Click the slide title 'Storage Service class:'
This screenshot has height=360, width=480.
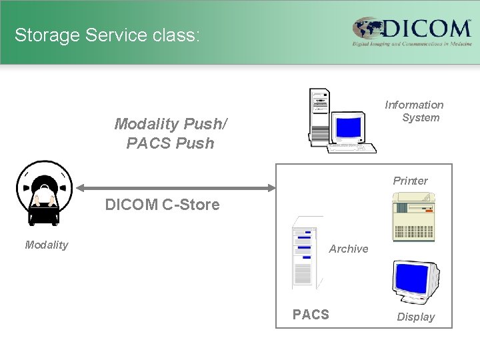107,35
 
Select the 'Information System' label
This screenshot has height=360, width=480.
414,111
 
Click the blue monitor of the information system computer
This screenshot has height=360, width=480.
349,125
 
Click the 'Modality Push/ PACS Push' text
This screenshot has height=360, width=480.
171,133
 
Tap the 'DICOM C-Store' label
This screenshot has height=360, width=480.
162,205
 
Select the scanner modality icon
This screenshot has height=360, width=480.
44,193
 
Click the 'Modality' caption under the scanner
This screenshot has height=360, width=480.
47,245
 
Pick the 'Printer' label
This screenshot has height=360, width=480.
410,181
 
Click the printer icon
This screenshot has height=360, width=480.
413,215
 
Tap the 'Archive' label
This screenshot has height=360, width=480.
349,249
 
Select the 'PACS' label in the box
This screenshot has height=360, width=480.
311,315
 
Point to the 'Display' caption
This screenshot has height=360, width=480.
415,317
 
